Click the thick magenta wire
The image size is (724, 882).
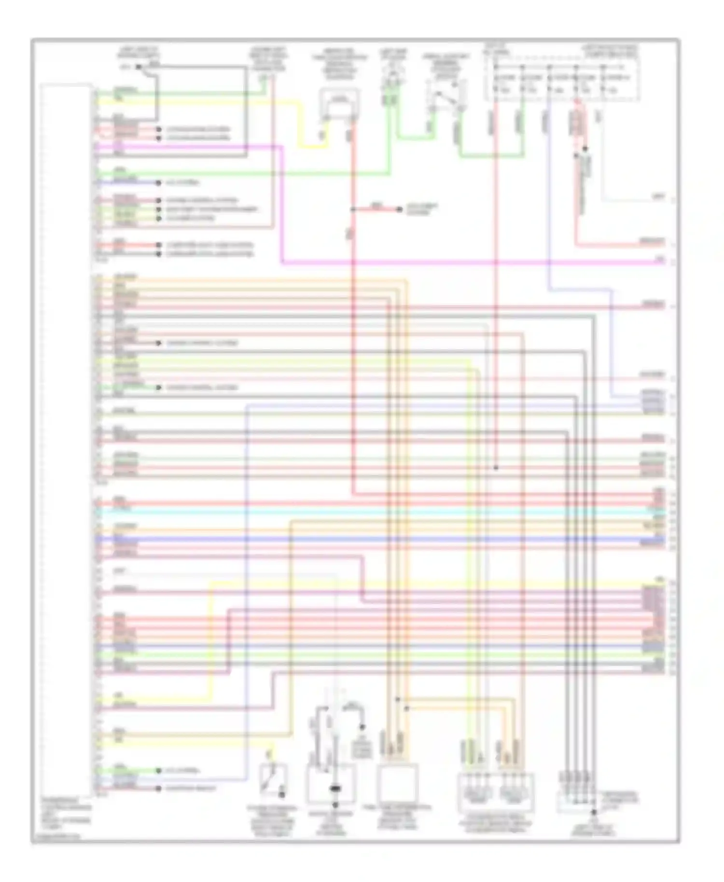tap(434, 263)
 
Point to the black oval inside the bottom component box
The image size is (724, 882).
tap(334, 789)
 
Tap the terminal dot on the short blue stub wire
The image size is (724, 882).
tap(158, 183)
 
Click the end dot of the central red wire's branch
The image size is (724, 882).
tap(399, 209)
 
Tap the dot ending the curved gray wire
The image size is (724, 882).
tap(362, 727)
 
